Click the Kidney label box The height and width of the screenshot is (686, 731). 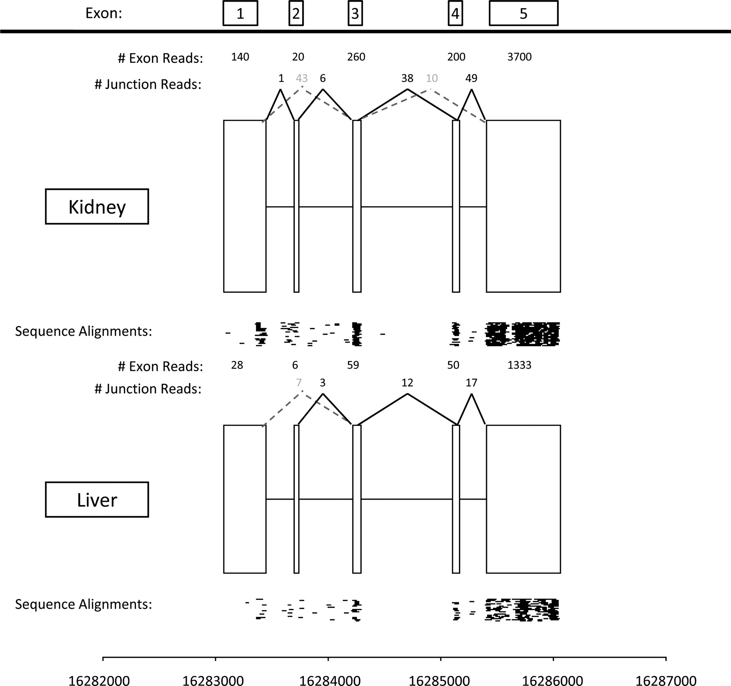pos(97,207)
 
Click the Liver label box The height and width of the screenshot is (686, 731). pos(97,500)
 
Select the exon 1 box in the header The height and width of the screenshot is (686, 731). pos(240,13)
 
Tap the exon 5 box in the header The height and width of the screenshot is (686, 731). pos(523,13)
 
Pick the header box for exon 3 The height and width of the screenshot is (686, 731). pos(355,13)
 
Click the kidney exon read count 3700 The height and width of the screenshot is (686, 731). pos(519,57)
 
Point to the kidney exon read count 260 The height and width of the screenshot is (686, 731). pos(356,57)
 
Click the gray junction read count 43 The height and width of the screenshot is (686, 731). pos(302,78)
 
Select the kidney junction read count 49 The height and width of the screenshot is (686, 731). pos(471,78)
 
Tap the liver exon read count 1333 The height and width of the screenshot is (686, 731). pos(519,365)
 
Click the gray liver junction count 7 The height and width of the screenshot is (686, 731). pos(298,382)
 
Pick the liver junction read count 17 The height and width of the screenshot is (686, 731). pos(471,382)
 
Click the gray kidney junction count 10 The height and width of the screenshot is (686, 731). pos(432,78)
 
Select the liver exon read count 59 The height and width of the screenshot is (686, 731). pos(353,365)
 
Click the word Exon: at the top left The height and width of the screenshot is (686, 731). pos(104,13)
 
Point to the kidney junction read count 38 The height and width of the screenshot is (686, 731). pos(407,78)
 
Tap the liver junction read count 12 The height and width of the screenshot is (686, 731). pos(407,382)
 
